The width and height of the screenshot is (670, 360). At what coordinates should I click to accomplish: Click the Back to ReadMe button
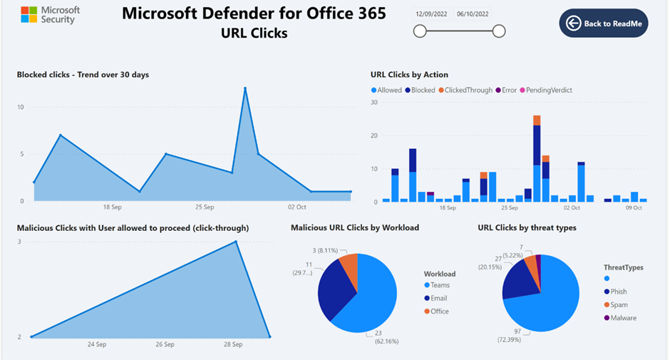[x=603, y=24]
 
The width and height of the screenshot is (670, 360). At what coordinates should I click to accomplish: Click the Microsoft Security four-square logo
[x=29, y=15]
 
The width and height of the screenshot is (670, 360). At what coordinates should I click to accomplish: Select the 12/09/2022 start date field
[x=432, y=14]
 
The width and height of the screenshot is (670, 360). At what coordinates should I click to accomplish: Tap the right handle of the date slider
[x=499, y=31]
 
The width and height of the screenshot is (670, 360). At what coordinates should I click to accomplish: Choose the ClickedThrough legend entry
[x=464, y=91]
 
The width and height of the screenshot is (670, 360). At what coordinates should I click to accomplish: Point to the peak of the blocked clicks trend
[x=244, y=88]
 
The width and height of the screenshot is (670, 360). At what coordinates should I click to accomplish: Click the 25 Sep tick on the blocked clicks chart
[x=204, y=207]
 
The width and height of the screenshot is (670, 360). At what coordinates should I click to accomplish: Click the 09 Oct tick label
[x=634, y=208]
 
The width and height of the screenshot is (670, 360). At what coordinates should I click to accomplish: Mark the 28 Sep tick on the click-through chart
[x=233, y=344]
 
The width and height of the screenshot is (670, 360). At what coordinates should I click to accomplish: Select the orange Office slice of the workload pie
[x=349, y=264]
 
